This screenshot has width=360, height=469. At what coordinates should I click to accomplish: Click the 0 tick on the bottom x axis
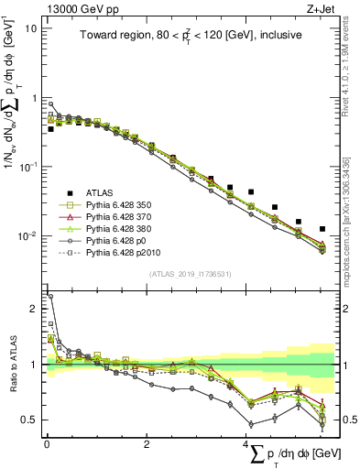click(x=47, y=444)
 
